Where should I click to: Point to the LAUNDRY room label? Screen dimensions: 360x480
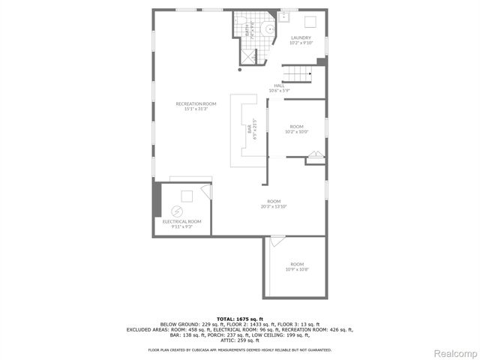tap(300, 37)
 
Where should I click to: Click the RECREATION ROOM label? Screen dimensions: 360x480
tap(190, 103)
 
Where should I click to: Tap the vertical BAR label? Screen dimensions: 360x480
tap(249, 129)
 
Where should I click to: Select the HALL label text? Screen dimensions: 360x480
tap(279, 85)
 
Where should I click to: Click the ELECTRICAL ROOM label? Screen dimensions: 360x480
tap(182, 221)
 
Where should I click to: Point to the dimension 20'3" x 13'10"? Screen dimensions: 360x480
tap(274, 205)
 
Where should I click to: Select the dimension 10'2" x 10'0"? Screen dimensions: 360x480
tap(297, 131)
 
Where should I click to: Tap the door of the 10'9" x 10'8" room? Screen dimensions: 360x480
tap(277, 241)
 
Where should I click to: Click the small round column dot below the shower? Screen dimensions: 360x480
tap(240, 70)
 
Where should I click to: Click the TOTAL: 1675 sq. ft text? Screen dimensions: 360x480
tap(240, 319)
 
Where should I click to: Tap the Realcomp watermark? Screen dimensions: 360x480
tap(456, 352)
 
